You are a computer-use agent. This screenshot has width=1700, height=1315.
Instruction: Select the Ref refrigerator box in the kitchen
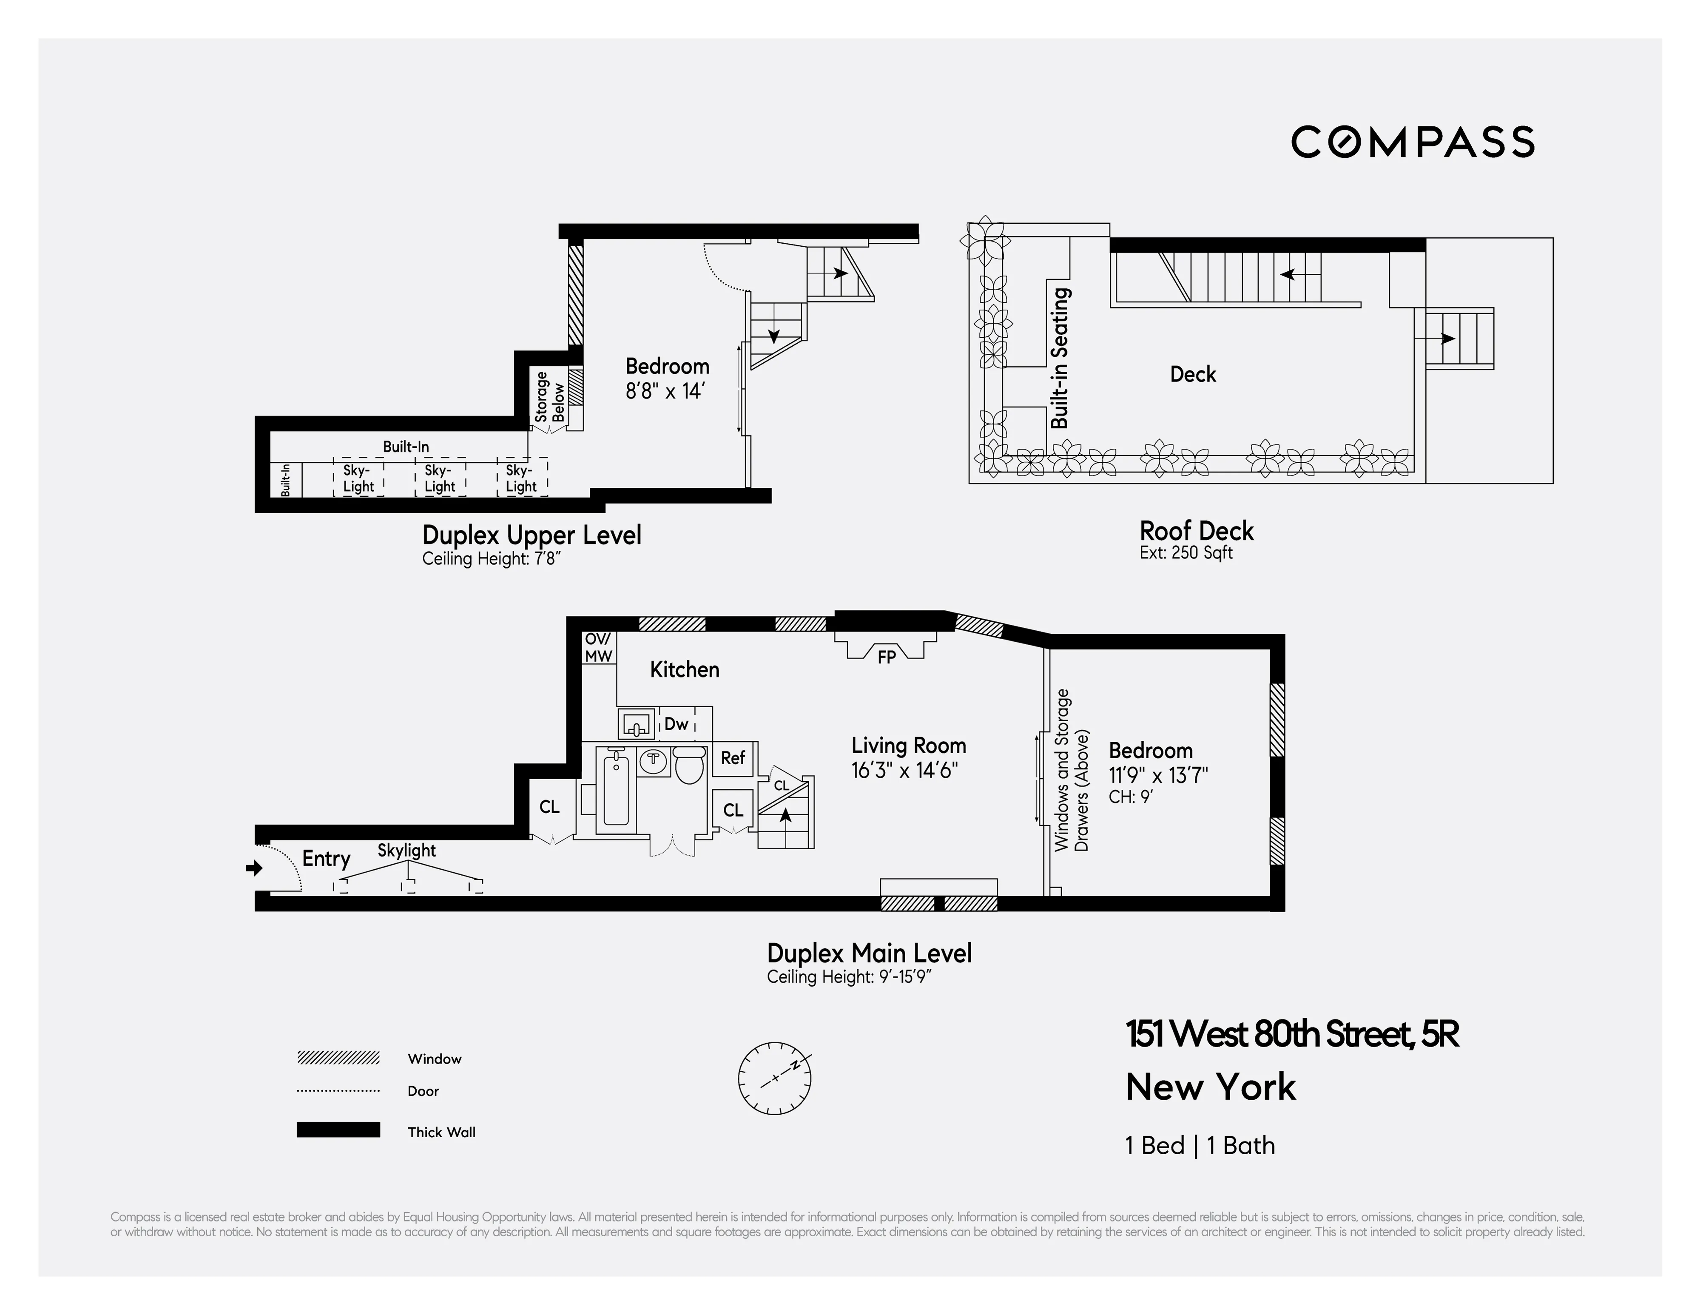click(x=733, y=757)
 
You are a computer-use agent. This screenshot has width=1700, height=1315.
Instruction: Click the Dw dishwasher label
click(x=676, y=724)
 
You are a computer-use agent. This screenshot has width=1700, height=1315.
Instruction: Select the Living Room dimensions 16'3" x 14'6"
click(x=904, y=771)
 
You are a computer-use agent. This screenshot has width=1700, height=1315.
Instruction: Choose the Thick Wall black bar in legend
click(x=338, y=1130)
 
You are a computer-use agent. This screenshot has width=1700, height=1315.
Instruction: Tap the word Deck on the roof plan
click(x=1192, y=375)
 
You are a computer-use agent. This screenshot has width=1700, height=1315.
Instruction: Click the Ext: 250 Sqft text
click(x=1185, y=553)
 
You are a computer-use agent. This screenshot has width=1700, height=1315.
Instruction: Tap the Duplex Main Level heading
click(x=869, y=953)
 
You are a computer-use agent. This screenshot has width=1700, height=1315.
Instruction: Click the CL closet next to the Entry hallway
click(x=549, y=807)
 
